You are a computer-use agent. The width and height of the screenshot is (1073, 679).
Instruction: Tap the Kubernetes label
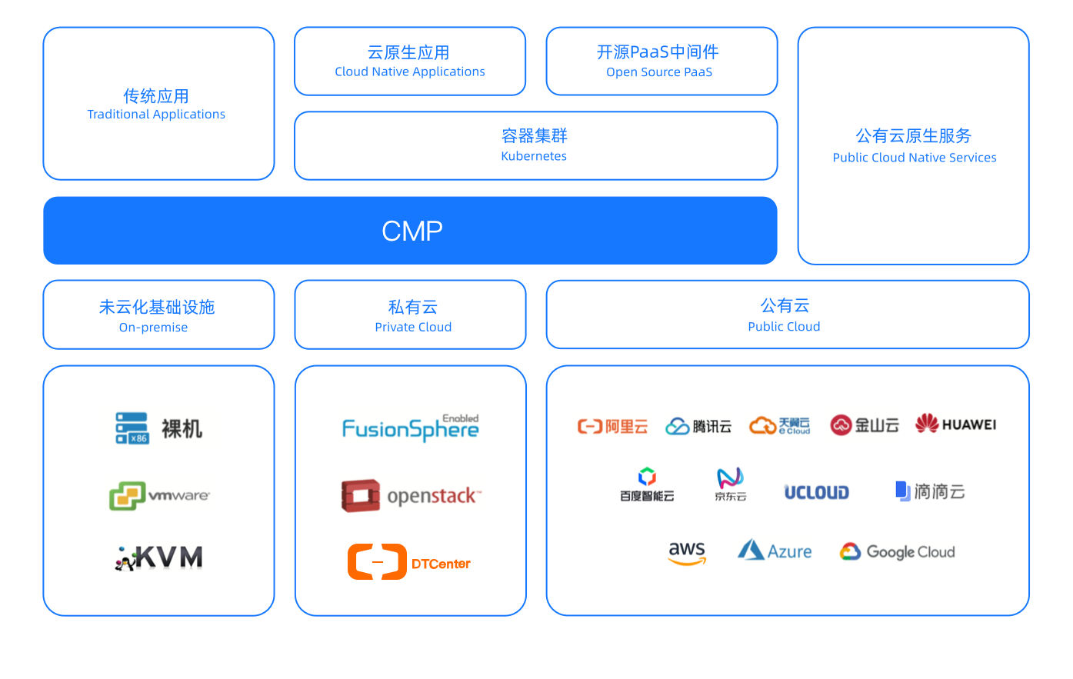pyautogui.click(x=534, y=156)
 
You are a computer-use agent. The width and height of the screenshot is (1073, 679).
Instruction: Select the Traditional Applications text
pyautogui.click(x=156, y=115)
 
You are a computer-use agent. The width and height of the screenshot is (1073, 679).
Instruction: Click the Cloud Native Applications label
pyautogui.click(x=410, y=72)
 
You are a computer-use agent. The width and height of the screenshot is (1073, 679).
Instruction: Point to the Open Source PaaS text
pyautogui.click(x=659, y=72)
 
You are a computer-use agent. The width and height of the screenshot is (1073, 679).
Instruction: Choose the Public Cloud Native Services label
pyautogui.click(x=914, y=158)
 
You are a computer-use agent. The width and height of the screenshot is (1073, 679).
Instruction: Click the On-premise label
pyautogui.click(x=153, y=328)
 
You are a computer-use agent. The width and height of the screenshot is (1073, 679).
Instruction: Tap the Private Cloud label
pyautogui.click(x=413, y=327)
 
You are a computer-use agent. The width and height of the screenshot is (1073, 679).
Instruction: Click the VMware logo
pyautogui.click(x=160, y=495)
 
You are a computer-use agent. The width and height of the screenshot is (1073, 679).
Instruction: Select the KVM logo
pyautogui.click(x=157, y=558)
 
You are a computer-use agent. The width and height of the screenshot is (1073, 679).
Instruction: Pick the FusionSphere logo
pyautogui.click(x=411, y=426)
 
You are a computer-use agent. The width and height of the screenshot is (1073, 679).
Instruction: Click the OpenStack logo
pyautogui.click(x=412, y=494)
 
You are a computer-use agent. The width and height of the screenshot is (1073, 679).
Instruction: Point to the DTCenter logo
pyautogui.click(x=409, y=562)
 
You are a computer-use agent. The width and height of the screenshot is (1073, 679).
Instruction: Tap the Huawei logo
pyautogui.click(x=956, y=422)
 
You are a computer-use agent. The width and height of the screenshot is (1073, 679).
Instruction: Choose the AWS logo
pyautogui.click(x=687, y=551)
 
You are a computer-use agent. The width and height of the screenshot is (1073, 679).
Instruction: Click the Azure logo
pyautogui.click(x=775, y=550)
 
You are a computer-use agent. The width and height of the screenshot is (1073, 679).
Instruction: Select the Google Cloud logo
pyautogui.click(x=898, y=551)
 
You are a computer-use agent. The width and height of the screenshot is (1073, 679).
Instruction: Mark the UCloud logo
pyautogui.click(x=816, y=491)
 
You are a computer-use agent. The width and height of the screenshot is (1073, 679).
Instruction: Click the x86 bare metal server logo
pyautogui.click(x=159, y=429)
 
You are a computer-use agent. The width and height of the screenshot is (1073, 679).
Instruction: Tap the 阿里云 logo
pyautogui.click(x=611, y=426)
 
